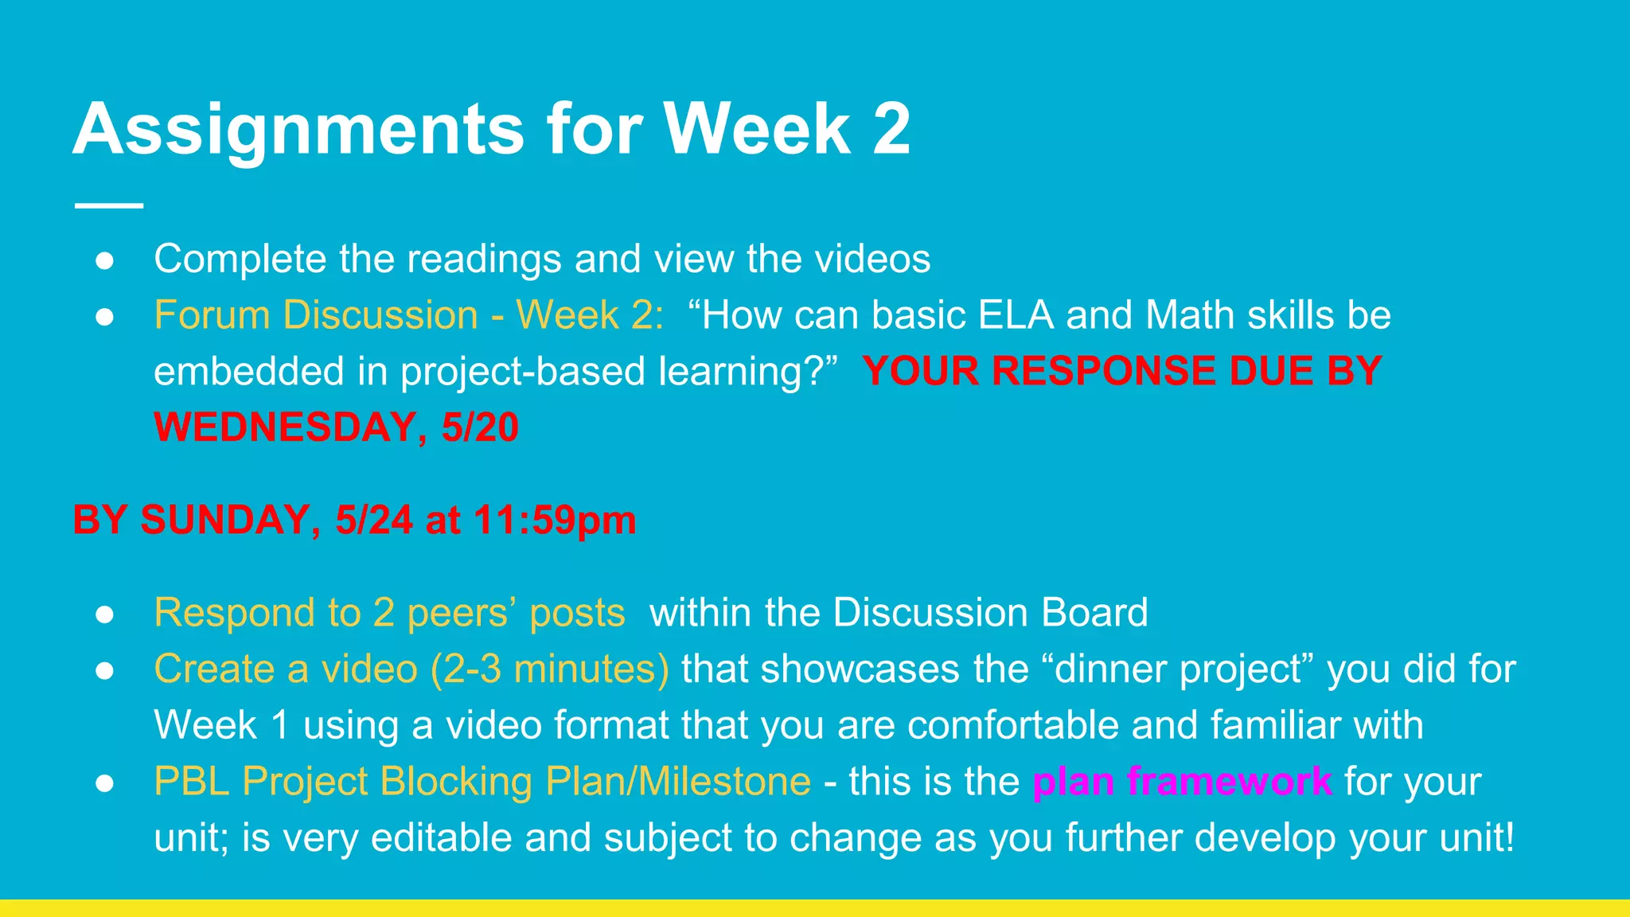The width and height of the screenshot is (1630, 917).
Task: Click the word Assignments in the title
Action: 298,129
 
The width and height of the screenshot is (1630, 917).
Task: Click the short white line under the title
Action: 109,205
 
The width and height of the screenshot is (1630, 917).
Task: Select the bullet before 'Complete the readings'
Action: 105,260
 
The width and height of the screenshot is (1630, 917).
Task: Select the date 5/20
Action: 480,427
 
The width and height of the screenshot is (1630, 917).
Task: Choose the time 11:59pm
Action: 555,521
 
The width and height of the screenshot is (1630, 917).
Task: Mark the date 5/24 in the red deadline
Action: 374,521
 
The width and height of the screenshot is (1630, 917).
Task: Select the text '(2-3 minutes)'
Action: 550,669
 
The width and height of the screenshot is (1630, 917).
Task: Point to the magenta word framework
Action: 1230,781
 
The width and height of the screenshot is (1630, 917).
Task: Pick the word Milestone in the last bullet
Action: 724,781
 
